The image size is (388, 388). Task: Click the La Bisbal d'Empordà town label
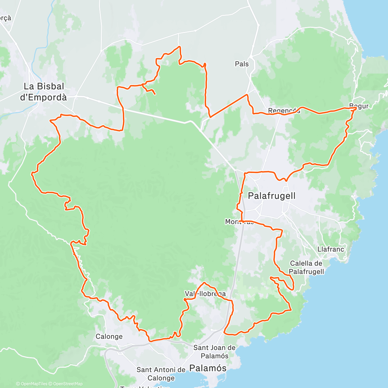tap(43, 92)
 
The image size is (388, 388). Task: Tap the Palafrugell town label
tap(272, 196)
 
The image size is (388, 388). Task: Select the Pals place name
tap(242, 64)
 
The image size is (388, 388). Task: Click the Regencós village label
tap(284, 111)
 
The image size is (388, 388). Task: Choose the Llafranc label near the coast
tap(330, 249)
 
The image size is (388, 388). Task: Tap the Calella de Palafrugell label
tap(306, 267)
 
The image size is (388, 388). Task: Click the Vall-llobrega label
tap(205, 294)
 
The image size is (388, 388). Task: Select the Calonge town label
tap(109, 336)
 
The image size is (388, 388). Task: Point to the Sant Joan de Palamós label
tap(214, 352)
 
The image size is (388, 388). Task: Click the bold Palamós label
tap(208, 368)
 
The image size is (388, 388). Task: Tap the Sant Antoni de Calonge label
tap(161, 374)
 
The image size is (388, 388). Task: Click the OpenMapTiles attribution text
tap(32, 384)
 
